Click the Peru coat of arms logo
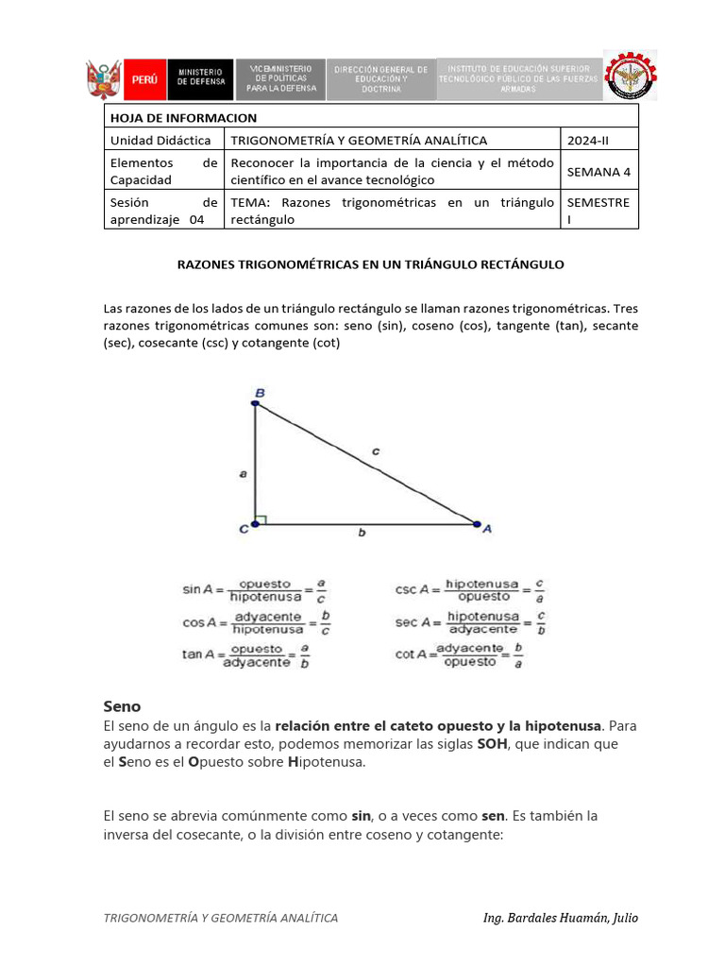103,79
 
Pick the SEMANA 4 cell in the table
599,171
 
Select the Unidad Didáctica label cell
162,140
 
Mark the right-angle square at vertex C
261,518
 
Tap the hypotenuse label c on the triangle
375,451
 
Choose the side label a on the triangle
244,474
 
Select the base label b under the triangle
362,533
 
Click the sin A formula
255,590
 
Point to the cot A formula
459,655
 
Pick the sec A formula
469,622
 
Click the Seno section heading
122,705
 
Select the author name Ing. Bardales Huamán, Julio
560,918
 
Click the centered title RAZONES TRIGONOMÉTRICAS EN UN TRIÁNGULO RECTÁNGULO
371,264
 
